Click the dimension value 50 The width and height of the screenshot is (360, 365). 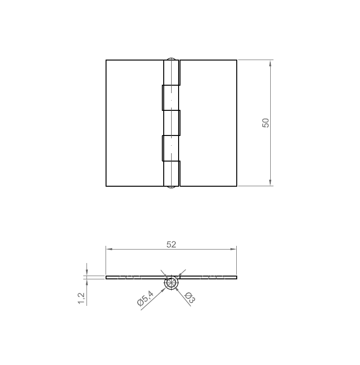[x=266, y=123]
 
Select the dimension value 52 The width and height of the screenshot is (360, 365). [x=171, y=244]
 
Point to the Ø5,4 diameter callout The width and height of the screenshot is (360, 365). [x=146, y=297]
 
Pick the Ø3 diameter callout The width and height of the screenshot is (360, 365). [x=189, y=297]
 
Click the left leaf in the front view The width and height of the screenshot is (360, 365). [x=134, y=123]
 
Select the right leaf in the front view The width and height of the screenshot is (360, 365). [x=208, y=123]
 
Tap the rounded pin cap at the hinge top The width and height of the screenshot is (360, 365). [x=172, y=59]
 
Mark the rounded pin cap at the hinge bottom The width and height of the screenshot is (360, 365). [x=172, y=187]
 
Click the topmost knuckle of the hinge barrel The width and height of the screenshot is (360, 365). [x=172, y=73]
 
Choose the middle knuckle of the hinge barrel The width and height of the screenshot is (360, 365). [x=172, y=123]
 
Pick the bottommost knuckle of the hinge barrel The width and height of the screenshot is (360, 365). [x=172, y=174]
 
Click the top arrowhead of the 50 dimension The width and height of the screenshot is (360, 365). [x=270, y=62]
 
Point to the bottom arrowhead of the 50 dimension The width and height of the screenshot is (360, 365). [x=270, y=183]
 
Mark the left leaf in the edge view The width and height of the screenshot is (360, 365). [x=135, y=277]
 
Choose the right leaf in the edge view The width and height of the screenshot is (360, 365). [x=208, y=277]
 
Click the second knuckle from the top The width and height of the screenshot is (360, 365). [x=171, y=98]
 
